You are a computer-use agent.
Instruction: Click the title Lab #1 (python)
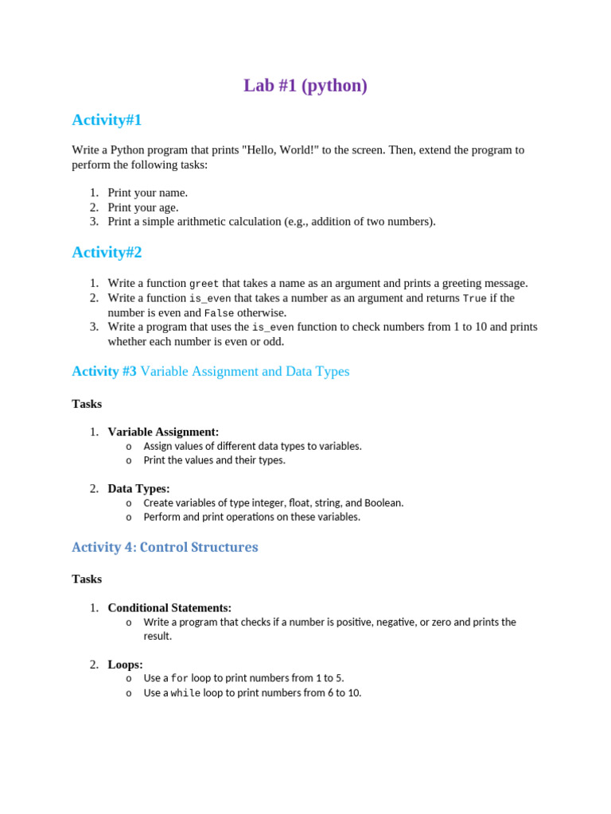coord(305,86)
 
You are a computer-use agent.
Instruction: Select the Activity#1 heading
coord(107,120)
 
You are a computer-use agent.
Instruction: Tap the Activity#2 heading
coord(107,252)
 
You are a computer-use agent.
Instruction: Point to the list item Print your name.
coord(148,192)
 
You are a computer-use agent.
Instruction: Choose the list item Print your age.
coord(143,207)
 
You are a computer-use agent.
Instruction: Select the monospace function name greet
coord(204,284)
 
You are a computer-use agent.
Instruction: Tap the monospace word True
coord(475,298)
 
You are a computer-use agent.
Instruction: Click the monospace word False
coord(219,313)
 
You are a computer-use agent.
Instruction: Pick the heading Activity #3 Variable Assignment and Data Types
coord(210,371)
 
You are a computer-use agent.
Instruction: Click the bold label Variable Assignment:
coord(163,432)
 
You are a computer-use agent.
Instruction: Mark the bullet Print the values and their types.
coord(214,460)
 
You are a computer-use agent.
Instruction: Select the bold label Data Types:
coord(138,489)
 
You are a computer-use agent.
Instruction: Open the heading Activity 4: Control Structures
coord(165,547)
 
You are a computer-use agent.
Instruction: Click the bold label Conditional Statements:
coord(169,607)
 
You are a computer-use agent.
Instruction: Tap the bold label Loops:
coord(125,665)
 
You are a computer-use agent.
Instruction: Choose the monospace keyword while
coord(185,693)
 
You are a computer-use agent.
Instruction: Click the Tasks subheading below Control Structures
coord(87,579)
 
